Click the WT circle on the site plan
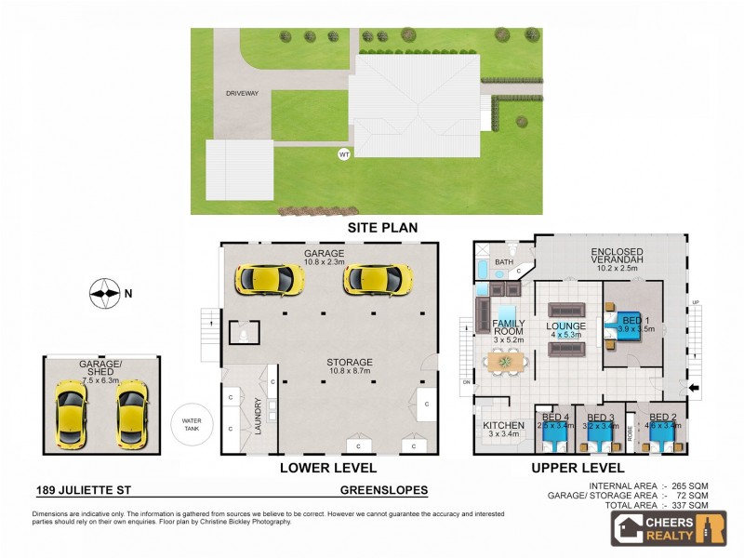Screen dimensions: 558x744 (x=344, y=153)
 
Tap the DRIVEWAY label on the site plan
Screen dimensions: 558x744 (x=241, y=94)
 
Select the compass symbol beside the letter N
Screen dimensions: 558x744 (x=105, y=294)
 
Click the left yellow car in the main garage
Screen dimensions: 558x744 (x=268, y=278)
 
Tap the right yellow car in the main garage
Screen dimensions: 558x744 (x=378, y=278)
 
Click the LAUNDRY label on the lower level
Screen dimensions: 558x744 (x=259, y=417)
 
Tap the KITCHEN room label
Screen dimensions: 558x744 (x=503, y=425)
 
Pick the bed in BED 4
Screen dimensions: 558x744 (x=554, y=431)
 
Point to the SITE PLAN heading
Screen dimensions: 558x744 (x=382, y=227)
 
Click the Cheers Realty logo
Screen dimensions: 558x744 (x=668, y=527)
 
